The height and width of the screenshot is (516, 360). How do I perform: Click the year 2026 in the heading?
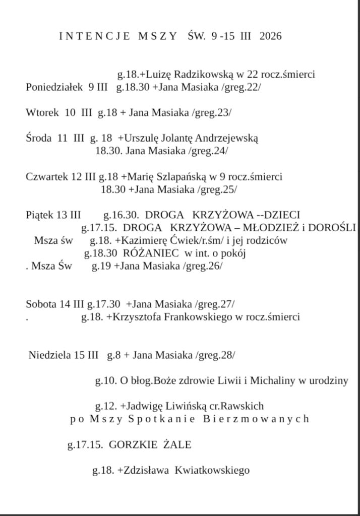click(x=270, y=36)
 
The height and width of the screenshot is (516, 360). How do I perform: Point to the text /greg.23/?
click(x=212, y=113)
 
